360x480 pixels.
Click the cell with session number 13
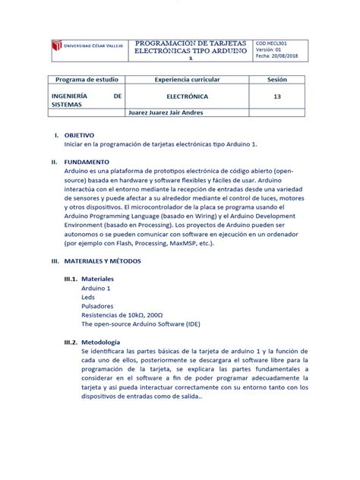276,97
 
